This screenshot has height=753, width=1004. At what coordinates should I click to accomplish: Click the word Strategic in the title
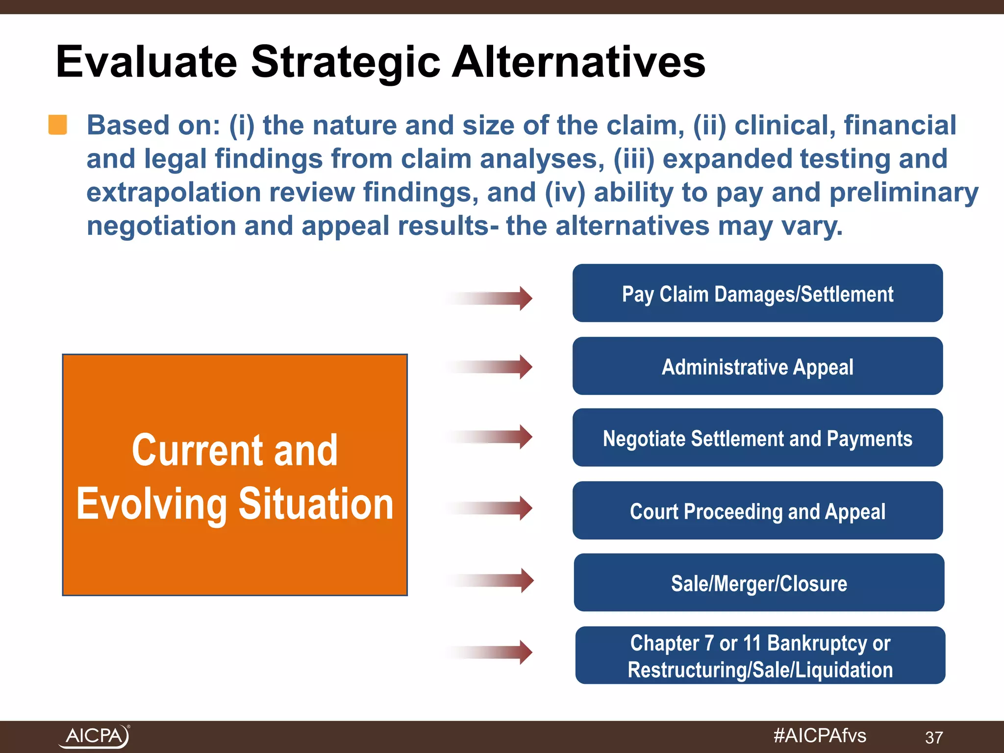point(346,62)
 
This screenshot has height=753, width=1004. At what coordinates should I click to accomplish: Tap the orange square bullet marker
point(58,125)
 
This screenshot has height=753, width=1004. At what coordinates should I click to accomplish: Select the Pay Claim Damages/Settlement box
point(757,293)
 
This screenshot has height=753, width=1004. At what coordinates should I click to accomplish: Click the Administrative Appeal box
point(757,366)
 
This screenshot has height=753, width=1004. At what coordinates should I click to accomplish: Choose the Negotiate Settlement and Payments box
point(757,438)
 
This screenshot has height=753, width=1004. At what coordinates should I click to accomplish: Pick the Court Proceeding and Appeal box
point(757,511)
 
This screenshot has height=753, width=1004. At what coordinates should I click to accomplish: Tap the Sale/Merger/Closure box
point(759,583)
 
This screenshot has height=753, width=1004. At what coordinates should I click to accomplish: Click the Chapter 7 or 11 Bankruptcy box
point(760,655)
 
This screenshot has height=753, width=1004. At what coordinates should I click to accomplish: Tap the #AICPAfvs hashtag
point(819,736)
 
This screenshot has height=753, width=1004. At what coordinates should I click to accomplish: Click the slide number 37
point(933,737)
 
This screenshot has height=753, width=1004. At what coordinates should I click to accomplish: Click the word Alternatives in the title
point(578,62)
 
